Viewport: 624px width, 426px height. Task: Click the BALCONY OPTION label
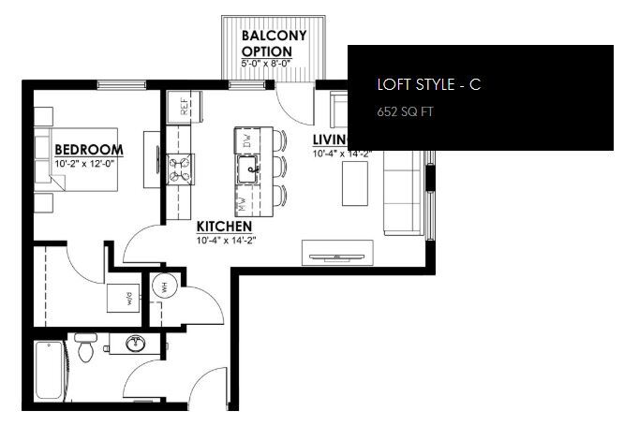[x=273, y=43]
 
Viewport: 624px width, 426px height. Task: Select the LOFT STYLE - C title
[x=428, y=84]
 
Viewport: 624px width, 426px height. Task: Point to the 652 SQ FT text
[x=406, y=111]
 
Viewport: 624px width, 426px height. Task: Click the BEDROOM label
[x=89, y=150]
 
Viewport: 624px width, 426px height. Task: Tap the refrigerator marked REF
[x=185, y=106]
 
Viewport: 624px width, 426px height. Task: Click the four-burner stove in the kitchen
[x=179, y=170]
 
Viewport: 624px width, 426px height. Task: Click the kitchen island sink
[x=247, y=171]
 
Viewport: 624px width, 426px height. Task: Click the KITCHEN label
[x=223, y=227]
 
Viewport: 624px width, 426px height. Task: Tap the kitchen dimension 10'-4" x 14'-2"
[x=226, y=241]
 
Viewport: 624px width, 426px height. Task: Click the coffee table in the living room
[x=355, y=184]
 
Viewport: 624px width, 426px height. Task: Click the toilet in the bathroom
[x=85, y=348]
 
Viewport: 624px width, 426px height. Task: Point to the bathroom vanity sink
[x=134, y=344]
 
